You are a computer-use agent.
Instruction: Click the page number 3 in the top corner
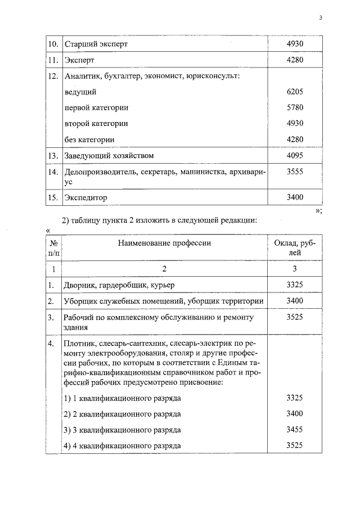(x=319, y=17)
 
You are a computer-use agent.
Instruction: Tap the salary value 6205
(x=295, y=91)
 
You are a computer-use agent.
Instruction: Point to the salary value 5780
(x=295, y=107)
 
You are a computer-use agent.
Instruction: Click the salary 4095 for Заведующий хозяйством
(x=295, y=155)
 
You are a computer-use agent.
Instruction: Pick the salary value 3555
(x=295, y=173)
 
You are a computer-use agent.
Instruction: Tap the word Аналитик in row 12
(x=82, y=75)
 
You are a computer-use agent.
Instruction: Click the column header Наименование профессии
(x=164, y=243)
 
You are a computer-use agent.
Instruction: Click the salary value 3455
(x=295, y=430)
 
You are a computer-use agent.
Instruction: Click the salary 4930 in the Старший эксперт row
(x=295, y=43)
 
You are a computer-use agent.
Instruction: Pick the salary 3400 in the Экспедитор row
(x=295, y=197)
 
